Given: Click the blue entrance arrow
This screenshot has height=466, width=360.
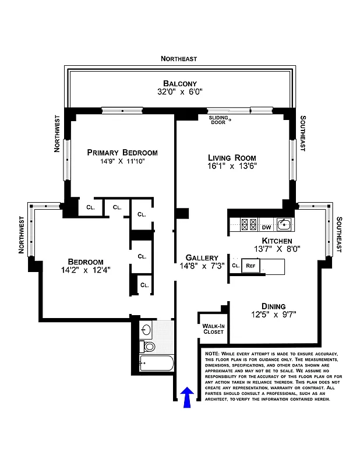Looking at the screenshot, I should pyautogui.click(x=187, y=398).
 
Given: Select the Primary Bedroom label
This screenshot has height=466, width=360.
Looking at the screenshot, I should pyautogui.click(x=122, y=153).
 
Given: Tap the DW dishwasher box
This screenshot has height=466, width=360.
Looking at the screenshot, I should pyautogui.click(x=266, y=227).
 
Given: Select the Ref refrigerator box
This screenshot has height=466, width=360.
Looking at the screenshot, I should pyautogui.click(x=250, y=266).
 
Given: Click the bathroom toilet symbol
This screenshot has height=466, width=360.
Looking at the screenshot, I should pyautogui.click(x=149, y=347).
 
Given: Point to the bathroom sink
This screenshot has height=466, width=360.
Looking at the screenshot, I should pyautogui.click(x=147, y=330).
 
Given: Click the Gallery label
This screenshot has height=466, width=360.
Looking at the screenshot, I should pyautogui.click(x=202, y=257).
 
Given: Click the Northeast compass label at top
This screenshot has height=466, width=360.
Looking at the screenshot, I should pyautogui.click(x=179, y=59).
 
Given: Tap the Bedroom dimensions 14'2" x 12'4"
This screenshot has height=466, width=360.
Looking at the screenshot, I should pyautogui.click(x=86, y=270).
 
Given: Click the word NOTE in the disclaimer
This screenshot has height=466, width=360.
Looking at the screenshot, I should pyautogui.click(x=211, y=354).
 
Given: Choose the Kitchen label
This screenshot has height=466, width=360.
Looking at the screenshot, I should pyautogui.click(x=277, y=241).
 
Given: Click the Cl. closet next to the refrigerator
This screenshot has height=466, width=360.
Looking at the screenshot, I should pyautogui.click(x=235, y=266).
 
